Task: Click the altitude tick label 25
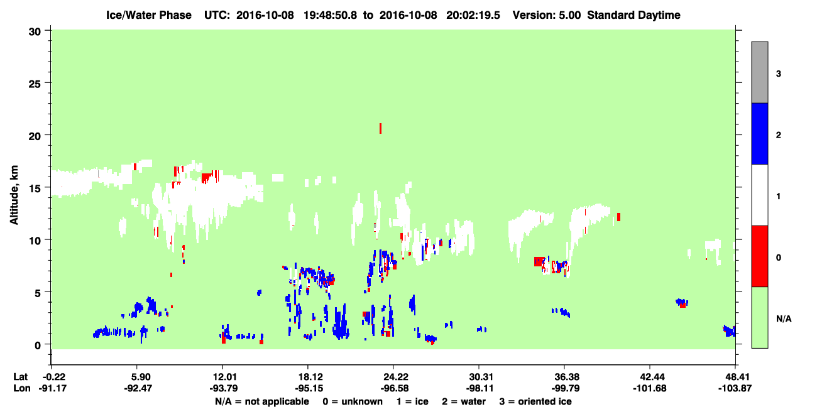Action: [35, 84]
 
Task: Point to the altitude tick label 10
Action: [35, 241]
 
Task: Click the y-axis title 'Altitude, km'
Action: [14, 195]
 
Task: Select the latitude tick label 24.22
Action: [394, 377]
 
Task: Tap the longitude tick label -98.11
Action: [480, 388]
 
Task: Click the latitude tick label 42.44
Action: [650, 377]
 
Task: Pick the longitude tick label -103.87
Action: [735, 388]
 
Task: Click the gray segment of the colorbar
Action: [759, 72]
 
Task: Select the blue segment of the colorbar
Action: [759, 133]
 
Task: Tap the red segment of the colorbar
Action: [759, 256]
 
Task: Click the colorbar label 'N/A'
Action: [784, 319]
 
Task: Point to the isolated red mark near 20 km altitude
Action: [380, 128]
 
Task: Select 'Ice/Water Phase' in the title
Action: [149, 15]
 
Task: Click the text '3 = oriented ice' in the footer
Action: [535, 401]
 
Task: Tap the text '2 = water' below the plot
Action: [464, 401]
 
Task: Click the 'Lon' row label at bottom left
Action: [22, 388]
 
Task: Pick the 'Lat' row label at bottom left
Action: [21, 377]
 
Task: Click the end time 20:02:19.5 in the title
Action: [473, 15]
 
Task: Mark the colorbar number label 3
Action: [778, 74]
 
